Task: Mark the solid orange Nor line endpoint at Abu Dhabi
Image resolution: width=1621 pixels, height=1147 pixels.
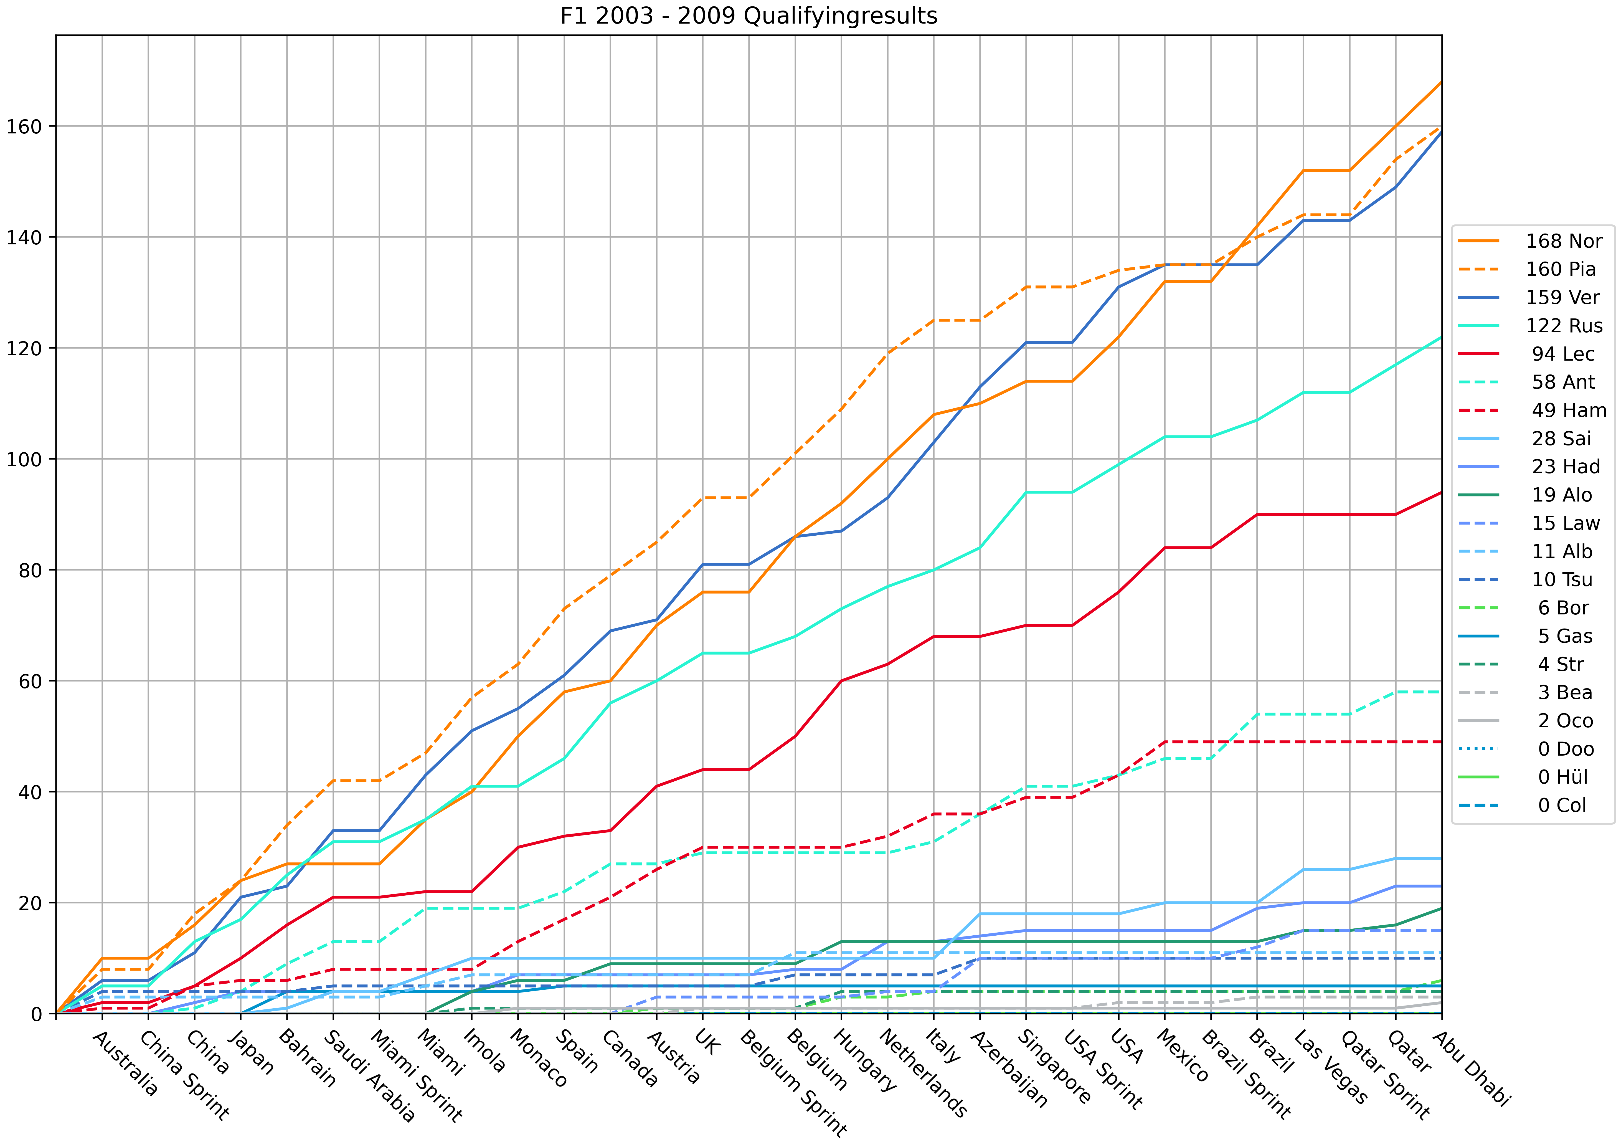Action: (x=1441, y=83)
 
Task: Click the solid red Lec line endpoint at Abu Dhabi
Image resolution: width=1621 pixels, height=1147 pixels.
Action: (x=1441, y=492)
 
